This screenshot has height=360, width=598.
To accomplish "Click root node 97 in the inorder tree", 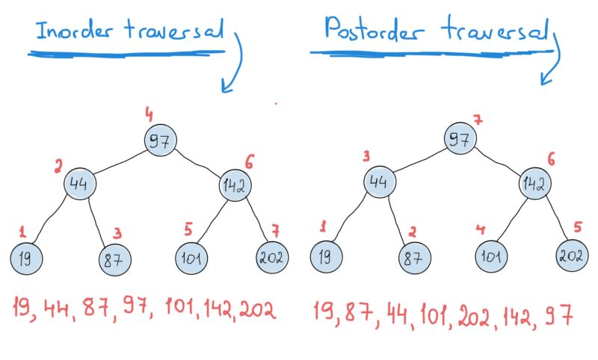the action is [160, 141].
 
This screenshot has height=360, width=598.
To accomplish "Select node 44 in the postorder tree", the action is [380, 181].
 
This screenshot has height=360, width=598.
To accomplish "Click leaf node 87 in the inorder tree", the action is [114, 259].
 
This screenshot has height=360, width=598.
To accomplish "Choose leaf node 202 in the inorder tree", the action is [271, 258].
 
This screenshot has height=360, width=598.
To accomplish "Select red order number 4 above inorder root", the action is [149, 115].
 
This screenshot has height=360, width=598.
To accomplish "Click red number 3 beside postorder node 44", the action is [367, 156].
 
